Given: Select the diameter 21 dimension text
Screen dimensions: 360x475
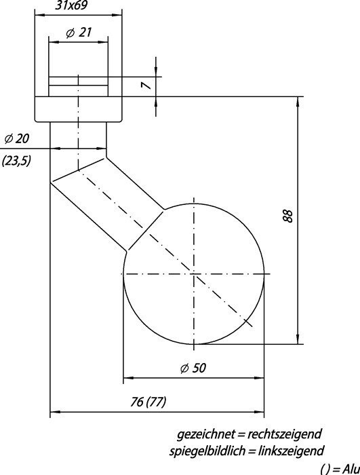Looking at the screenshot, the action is (x=79, y=33).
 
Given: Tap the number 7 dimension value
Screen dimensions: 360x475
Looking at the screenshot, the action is (x=146, y=85).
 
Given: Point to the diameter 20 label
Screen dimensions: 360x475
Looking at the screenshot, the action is (x=17, y=138).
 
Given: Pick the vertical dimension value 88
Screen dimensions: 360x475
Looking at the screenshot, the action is (x=289, y=216).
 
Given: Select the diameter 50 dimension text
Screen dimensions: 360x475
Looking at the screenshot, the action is (x=193, y=368).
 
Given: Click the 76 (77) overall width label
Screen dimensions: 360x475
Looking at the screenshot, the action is (x=148, y=402).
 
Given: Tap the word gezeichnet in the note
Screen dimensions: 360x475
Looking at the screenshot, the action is (x=205, y=434).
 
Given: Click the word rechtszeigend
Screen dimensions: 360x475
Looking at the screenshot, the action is (x=284, y=434).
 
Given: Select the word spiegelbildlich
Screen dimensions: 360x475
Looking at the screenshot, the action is (x=207, y=451).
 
